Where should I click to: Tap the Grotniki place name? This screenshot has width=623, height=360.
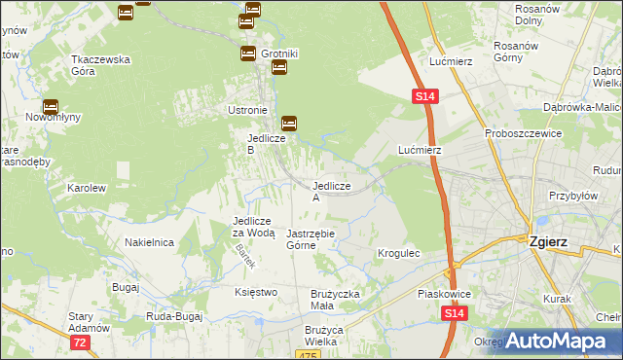coord(278,54)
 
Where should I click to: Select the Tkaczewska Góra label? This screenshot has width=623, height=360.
coord(100,64)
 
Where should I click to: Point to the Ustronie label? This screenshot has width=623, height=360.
coord(246,110)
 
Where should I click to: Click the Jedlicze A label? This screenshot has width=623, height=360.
coord(330,191)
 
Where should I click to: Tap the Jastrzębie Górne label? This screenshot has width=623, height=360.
coord(311,239)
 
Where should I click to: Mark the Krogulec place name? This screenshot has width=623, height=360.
coord(398,253)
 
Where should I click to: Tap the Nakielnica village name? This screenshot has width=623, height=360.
coord(149,242)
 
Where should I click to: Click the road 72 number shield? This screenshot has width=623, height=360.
coord(80,343)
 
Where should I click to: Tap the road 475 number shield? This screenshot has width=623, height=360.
coord(309,355)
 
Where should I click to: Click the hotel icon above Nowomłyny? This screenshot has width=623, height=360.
coord(50,108)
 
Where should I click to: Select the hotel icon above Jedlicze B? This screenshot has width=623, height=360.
coord(289,124)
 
